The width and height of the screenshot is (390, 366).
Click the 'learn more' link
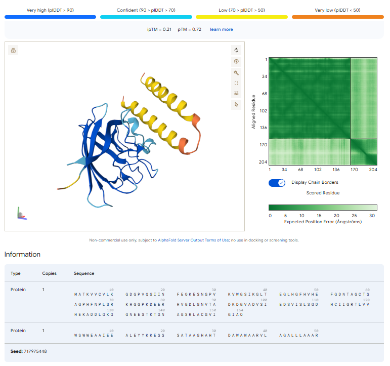[222, 29]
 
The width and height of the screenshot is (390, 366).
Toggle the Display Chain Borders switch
[277, 183]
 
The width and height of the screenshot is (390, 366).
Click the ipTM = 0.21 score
[159, 29]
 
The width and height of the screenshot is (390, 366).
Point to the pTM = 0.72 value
[189, 29]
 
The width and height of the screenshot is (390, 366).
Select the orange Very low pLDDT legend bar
[338, 17]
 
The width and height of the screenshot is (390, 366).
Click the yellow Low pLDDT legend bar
[242, 17]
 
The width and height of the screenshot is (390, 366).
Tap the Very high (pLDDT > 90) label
[50, 10]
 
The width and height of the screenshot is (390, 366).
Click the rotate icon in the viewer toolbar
[236, 50]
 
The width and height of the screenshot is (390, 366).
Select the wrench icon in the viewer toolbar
[236, 73]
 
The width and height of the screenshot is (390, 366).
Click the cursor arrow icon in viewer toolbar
[236, 104]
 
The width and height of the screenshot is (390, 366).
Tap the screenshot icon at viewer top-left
[14, 50]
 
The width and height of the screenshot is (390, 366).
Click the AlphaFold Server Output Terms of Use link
[194, 240]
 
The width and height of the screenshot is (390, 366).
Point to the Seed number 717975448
[35, 351]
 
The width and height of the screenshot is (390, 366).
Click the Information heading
[22, 254]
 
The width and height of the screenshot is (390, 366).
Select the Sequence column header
[84, 273]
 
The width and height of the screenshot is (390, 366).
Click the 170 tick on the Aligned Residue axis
[264, 145]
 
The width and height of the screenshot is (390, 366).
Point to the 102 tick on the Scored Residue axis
[318, 170]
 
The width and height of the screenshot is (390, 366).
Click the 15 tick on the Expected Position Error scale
[319, 216]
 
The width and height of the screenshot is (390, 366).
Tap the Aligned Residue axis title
[253, 112]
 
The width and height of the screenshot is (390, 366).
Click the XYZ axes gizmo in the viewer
[22, 214]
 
